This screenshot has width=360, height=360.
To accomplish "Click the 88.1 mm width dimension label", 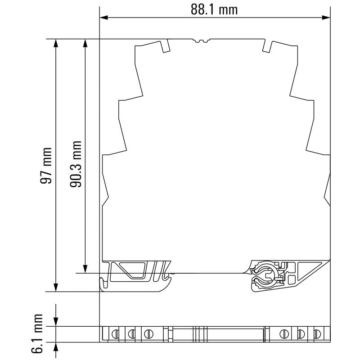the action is tap(214, 9).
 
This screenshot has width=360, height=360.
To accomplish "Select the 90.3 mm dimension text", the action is tap(76, 164).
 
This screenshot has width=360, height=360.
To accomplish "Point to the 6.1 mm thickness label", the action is tap(37, 333).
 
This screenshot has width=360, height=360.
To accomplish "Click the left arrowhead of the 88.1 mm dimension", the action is tap(104, 18).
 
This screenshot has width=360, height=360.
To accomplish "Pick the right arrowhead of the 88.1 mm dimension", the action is tap(326, 18).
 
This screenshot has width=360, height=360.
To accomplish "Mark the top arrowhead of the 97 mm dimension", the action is tap(56, 43).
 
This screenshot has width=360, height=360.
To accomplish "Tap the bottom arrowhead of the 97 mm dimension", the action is tap(56, 288).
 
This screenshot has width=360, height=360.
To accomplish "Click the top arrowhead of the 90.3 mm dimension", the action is tap(85, 43).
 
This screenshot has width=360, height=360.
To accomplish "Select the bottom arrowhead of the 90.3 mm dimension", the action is tap(85, 269).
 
